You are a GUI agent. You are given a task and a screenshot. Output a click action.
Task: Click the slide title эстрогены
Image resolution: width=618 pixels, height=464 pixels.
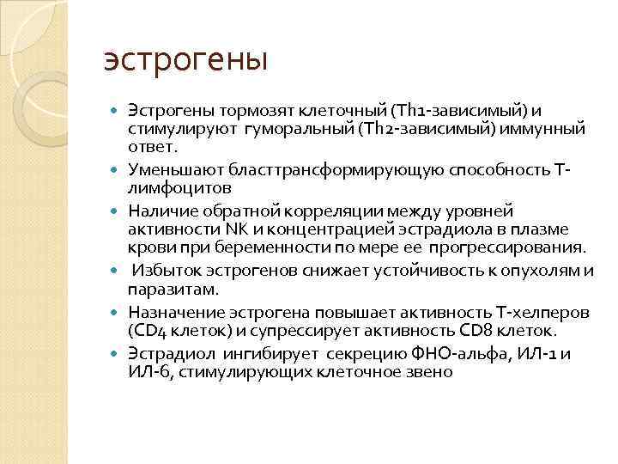(185, 61)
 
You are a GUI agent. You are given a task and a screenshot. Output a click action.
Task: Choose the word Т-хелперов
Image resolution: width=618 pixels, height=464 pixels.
(509, 312)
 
